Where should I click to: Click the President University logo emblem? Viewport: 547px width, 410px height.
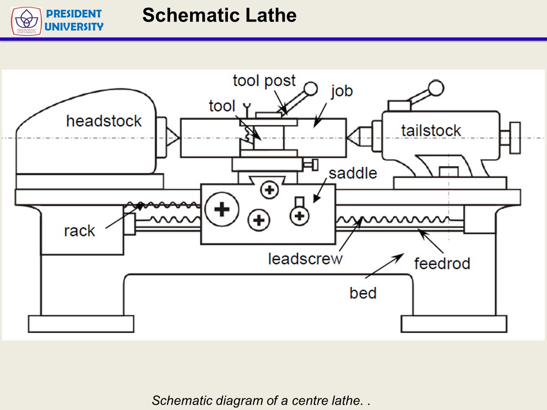point(26,21)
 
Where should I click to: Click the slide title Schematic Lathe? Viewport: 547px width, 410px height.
point(219,15)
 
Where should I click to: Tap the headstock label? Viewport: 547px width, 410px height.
point(104,121)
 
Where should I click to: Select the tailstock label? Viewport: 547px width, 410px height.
point(431,131)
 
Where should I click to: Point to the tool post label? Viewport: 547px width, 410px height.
point(264,81)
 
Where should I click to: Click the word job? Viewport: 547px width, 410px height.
point(341,91)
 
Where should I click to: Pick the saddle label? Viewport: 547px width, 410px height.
point(352,173)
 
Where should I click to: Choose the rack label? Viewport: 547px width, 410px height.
point(79,231)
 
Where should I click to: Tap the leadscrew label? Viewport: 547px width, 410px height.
point(305,259)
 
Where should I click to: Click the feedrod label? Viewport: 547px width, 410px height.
point(442,264)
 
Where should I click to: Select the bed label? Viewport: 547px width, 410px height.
point(363,293)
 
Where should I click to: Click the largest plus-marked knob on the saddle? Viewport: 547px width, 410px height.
point(222,209)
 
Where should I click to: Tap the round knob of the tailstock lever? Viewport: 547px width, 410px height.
point(436,88)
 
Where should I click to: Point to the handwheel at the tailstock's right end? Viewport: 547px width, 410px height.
point(515,138)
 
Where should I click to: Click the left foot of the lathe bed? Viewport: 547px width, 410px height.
point(81,324)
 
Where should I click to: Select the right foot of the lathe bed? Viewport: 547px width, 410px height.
point(454,324)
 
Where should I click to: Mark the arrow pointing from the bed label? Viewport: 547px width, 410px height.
point(385,266)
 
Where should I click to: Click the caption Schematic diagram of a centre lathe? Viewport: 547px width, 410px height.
point(260,400)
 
